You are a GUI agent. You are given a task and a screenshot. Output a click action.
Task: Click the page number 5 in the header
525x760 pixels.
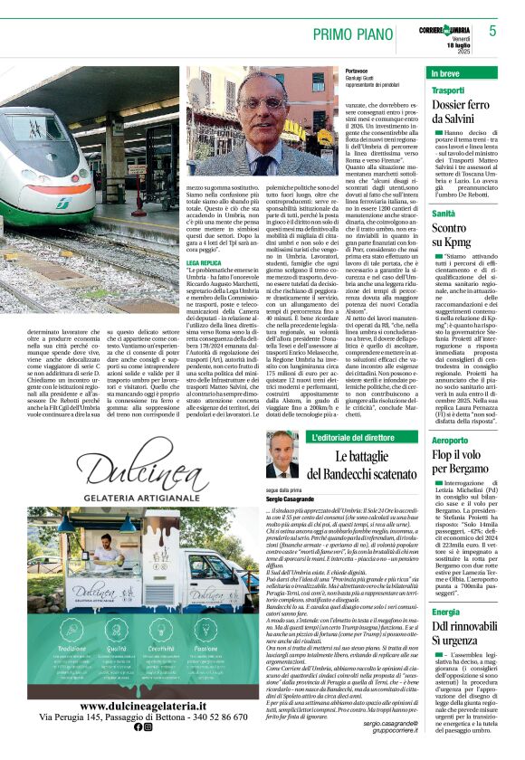click(x=492, y=30)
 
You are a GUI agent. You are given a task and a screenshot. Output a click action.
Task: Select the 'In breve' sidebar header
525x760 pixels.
click(x=444, y=72)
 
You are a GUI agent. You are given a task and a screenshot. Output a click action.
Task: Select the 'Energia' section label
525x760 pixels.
click(x=445, y=612)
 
